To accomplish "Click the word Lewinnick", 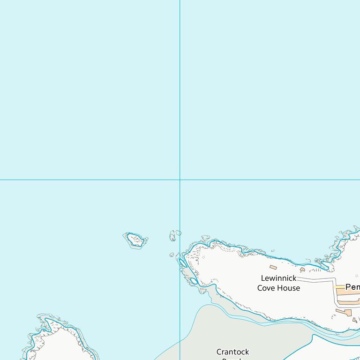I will (x=278, y=278).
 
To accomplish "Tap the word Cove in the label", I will (x=266, y=288).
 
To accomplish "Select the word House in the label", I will (x=288, y=288).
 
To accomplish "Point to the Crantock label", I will (x=232, y=352).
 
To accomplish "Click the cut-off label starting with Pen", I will (x=352, y=286).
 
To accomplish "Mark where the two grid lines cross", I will (x=180, y=180).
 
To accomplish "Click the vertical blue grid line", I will (x=180, y=94).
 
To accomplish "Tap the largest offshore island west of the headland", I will (x=135, y=240).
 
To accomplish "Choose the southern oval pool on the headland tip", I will (x=194, y=281).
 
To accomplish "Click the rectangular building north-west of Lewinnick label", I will (x=273, y=268).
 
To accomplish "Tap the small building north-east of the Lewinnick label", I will (x=302, y=270).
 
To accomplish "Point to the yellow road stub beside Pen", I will (x=339, y=287).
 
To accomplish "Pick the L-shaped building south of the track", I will (x=344, y=312).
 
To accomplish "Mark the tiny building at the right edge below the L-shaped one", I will (x=355, y=321).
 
